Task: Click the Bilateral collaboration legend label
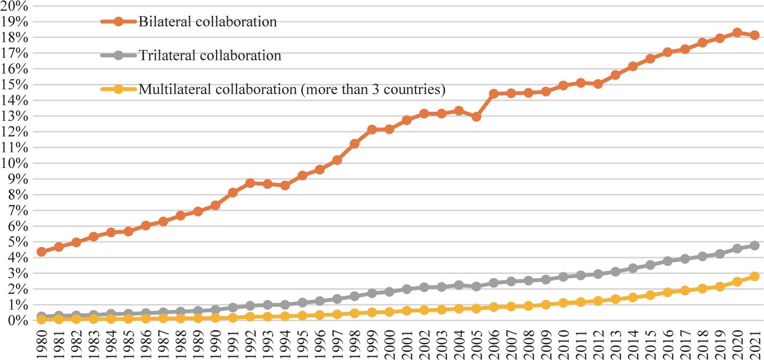(207, 22)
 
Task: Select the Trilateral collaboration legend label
(210, 55)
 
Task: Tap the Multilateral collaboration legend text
(292, 89)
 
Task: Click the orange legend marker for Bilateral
(119, 22)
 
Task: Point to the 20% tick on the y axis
(18, 6)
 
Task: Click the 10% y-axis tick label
(18, 163)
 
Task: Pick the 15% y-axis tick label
(18, 85)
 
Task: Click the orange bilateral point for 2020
(737, 33)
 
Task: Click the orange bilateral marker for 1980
(42, 251)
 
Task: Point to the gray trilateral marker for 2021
(754, 246)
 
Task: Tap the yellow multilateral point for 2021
(754, 276)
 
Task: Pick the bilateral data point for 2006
(493, 94)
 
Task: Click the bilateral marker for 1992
(250, 183)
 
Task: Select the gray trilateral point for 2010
(563, 277)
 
